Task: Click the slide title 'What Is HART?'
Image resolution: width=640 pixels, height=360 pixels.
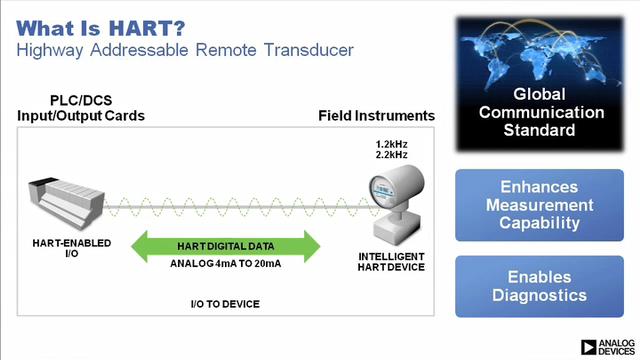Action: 100,29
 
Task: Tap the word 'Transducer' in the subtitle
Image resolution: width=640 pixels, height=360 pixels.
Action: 309,50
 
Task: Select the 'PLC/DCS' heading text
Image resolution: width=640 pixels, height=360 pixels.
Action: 81,100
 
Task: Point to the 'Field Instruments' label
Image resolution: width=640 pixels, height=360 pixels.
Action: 376,116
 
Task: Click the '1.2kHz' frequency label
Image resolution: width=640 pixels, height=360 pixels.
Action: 391,144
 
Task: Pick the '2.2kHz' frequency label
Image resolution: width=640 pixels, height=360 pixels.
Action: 391,155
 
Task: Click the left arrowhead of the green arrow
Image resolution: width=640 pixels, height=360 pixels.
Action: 139,246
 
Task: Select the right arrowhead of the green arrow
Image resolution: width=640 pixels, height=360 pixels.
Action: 312,246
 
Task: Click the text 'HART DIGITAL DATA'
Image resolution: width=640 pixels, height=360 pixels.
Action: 226,247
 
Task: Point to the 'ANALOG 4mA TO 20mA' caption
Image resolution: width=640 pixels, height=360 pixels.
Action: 226,264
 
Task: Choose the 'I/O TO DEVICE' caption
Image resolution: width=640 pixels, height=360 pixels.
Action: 225,304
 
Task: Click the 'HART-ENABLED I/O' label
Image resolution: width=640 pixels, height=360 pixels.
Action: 72,248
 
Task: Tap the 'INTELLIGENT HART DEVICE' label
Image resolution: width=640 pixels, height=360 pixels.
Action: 391,262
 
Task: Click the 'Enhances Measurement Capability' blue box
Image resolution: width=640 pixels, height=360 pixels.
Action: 539,205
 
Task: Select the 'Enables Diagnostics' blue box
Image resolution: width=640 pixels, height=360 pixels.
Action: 539,286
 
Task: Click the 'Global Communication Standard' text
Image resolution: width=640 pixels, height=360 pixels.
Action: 540,112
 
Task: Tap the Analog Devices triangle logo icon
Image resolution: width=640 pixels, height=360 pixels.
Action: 589,347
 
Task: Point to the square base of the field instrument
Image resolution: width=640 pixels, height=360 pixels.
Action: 397,229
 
